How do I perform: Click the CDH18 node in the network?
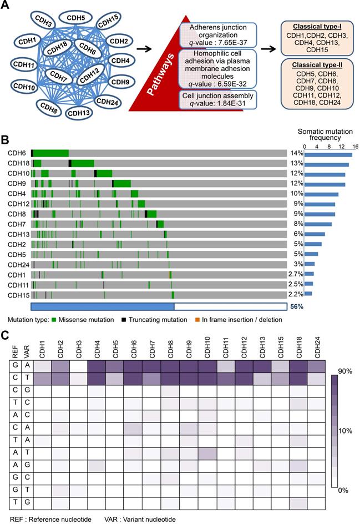coord(58,50)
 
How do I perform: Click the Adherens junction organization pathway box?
coord(216,33)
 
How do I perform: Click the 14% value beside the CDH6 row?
coord(295,154)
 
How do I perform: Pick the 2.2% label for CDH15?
coord(295,294)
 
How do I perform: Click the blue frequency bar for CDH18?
coord(327,164)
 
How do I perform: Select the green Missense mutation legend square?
coord(53,320)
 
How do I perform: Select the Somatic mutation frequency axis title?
coord(326,134)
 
